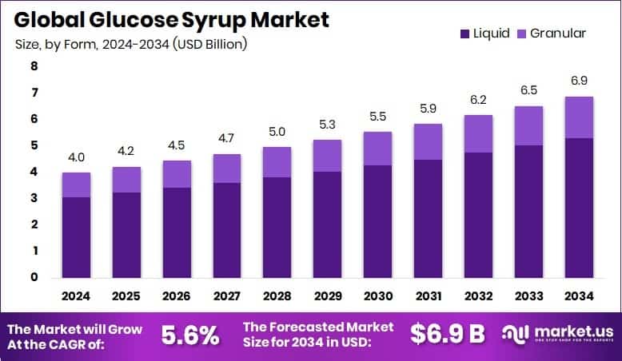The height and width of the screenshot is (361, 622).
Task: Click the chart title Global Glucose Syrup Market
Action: (x=171, y=19)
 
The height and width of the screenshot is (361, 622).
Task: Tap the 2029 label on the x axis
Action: (x=327, y=296)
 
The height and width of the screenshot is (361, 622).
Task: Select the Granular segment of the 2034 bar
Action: (x=579, y=117)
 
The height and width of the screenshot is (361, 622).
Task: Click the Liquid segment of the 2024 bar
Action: (x=77, y=237)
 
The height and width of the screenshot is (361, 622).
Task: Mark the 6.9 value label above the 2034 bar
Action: (x=579, y=81)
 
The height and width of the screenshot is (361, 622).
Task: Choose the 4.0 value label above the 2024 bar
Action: (x=77, y=157)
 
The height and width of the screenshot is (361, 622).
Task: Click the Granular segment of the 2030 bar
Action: (x=377, y=149)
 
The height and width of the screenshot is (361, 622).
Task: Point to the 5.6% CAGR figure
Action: (x=190, y=335)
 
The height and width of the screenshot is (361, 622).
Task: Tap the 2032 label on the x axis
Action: (x=478, y=296)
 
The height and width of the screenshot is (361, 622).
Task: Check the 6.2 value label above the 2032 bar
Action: (x=478, y=100)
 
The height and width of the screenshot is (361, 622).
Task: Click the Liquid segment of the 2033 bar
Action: (x=528, y=212)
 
